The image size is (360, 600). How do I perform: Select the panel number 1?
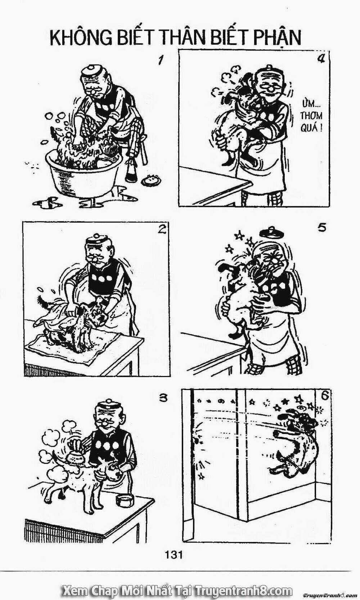click(x=156, y=61)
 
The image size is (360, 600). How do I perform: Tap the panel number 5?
click(x=322, y=228)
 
